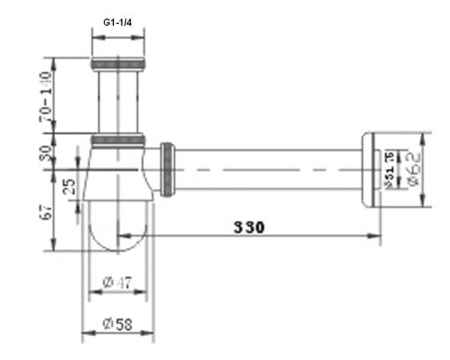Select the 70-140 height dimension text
point(46,96)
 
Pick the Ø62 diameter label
point(412,169)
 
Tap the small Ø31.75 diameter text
point(389,169)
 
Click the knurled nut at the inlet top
point(117,63)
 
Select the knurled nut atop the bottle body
point(117,139)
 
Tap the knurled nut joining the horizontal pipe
point(169,170)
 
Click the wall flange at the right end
point(368,169)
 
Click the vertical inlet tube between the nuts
point(117,101)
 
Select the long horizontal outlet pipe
point(270,169)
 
